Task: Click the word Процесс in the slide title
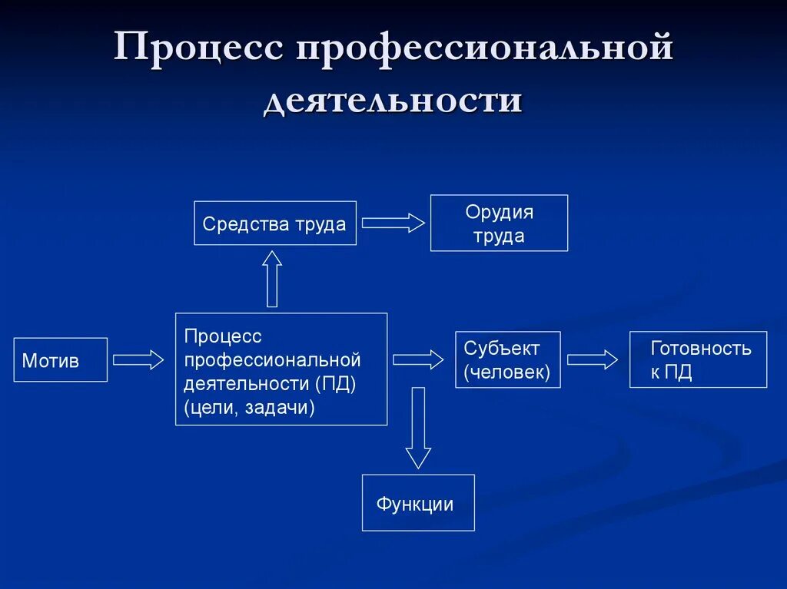pos(201,50)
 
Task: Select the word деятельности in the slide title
pos(393,100)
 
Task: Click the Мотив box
pos(61,360)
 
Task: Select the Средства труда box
pos(275,223)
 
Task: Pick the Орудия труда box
pos(499,223)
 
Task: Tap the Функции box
pos(418,503)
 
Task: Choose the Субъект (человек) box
pos(508,360)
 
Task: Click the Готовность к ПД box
pos(698,360)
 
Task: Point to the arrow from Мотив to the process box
pos(138,359)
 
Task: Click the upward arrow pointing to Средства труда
pos(272,279)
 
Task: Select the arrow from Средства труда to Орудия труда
pos(393,223)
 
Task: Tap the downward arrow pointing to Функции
pos(418,429)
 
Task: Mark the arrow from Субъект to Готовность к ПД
pos(593,359)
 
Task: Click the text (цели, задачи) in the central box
pos(249,407)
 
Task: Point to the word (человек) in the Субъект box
pos(506,372)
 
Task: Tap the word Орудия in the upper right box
pos(499,212)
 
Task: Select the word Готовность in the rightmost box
pos(701,348)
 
